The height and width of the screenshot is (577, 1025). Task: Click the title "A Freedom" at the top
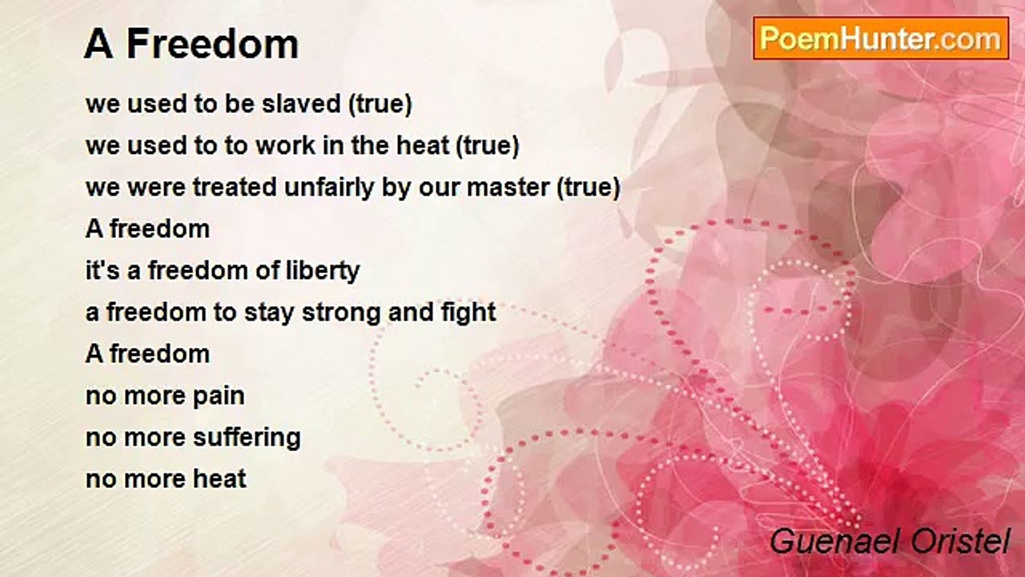coord(191,44)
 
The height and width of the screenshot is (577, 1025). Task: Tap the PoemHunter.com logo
coord(881,38)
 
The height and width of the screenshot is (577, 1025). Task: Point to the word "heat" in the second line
coord(423,145)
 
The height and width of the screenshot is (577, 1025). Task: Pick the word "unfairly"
coord(329,188)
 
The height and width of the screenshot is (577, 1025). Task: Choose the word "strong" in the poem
coord(341,313)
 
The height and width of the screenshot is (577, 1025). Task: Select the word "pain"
coord(219,396)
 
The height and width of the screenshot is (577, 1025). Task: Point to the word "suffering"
coord(247,438)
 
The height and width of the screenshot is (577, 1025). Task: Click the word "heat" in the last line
coord(219,478)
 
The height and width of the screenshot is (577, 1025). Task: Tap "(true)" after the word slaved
coord(380,103)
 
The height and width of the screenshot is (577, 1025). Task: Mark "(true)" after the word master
coord(589,188)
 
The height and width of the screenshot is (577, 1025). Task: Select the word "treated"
coord(235,188)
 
